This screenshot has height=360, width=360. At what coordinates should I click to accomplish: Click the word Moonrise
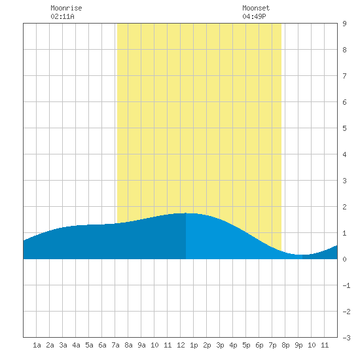tap(66, 8)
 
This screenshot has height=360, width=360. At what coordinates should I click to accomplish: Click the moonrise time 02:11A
tap(62, 16)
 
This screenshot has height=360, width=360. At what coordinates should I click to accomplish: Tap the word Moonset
tap(256, 8)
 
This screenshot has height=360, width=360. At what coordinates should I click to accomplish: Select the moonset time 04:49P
tap(254, 16)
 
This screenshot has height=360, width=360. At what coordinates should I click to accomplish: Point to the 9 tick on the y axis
tap(344, 24)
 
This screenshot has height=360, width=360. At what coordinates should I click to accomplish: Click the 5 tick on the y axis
tap(344, 128)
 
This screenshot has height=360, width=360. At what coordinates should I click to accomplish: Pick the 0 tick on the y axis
tap(344, 259)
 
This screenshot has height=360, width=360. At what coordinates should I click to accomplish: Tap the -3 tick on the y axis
tap(346, 338)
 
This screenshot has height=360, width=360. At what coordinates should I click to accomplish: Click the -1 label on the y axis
tap(346, 285)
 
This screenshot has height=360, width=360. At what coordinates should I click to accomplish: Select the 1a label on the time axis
tap(37, 345)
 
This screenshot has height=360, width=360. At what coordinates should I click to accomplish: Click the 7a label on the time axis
tap(115, 345)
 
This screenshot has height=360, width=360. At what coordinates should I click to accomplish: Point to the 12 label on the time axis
tap(181, 345)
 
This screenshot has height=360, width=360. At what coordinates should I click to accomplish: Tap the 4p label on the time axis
tap(233, 345)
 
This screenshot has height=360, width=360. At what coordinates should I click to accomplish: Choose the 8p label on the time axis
tap(285, 345)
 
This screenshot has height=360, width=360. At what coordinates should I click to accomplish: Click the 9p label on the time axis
tap(298, 345)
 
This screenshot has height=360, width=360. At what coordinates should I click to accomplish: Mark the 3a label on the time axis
tap(63, 345)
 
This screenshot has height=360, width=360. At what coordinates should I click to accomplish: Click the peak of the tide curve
tap(186, 213)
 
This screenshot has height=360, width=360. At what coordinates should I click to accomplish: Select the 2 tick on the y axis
tap(344, 207)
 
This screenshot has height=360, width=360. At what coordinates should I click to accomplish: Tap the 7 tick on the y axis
tap(344, 76)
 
